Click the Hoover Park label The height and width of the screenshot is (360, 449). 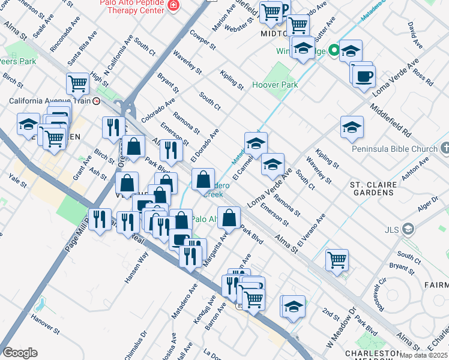(275, 85)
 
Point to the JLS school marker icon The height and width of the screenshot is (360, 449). (409, 229)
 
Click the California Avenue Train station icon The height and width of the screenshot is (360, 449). (96, 101)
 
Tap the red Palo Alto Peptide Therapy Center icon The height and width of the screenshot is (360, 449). (173, 6)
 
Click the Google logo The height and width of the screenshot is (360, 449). (20, 353)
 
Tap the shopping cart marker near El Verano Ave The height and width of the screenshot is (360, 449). (337, 260)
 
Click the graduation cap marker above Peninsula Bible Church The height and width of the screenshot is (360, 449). (352, 127)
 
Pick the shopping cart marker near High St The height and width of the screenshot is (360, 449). (77, 84)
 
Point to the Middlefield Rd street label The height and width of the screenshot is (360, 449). (390, 121)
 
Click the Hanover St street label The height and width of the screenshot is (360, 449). (46, 322)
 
